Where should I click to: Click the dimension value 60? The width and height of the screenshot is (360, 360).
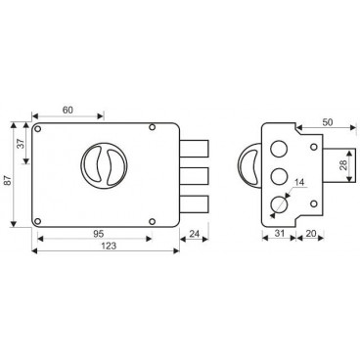(67, 111)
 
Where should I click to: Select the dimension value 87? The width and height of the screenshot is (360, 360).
(8, 180)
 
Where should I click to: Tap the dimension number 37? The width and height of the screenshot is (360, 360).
(21, 144)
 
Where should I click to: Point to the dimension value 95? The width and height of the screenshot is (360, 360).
(98, 233)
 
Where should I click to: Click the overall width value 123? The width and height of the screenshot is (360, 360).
(108, 246)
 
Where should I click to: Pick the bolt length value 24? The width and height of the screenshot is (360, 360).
(194, 234)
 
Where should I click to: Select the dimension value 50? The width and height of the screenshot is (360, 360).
(327, 122)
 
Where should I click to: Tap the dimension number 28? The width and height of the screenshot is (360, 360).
(343, 165)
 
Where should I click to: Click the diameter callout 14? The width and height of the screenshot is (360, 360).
(299, 182)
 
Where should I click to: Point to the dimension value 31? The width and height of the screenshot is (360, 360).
(280, 233)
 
